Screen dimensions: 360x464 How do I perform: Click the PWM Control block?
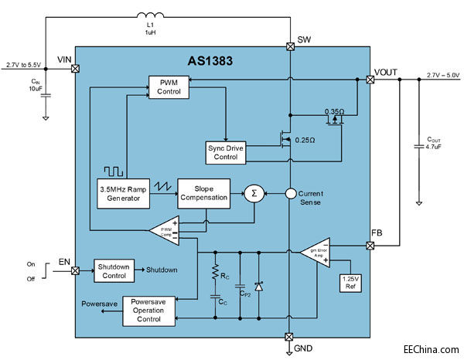coord(169,87)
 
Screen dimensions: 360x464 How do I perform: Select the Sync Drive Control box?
coord(225,152)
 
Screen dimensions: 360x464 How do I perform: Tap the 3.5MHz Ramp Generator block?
coord(124,192)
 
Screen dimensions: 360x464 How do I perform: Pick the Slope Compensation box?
coord(204,192)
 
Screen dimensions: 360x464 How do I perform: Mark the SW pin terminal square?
coord(290,46)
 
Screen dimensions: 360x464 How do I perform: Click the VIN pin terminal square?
coord(75,69)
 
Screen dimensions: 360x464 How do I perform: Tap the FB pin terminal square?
coord(369,246)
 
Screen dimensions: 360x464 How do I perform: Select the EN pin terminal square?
coord(75,270)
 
